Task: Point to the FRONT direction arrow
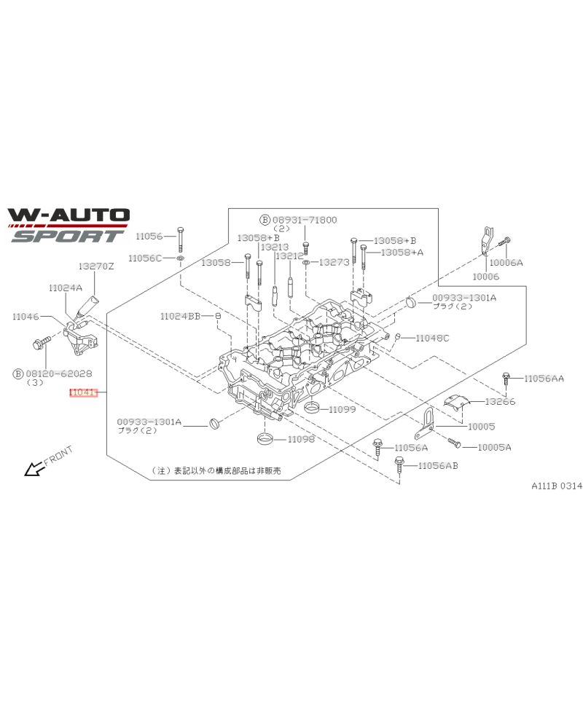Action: click(x=33, y=469)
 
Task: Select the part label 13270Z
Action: click(x=97, y=266)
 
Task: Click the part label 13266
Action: click(x=501, y=401)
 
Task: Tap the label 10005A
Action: click(x=494, y=447)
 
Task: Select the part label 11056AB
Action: click(x=437, y=465)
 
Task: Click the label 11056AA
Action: click(x=544, y=379)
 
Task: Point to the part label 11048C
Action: click(x=433, y=339)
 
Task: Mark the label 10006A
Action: click(x=506, y=262)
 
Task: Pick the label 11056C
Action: click(x=145, y=258)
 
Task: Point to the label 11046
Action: click(x=26, y=317)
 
